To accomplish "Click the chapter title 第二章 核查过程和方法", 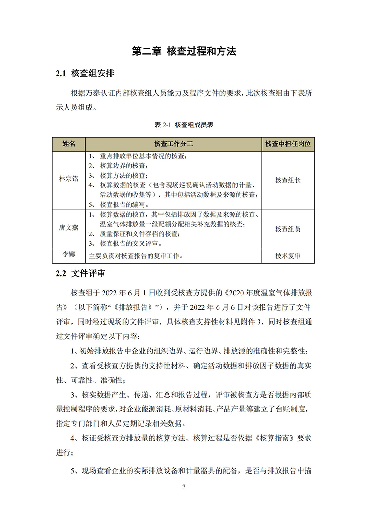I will (184, 51).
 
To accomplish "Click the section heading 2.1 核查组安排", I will (85, 74).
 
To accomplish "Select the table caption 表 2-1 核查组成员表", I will (184, 125).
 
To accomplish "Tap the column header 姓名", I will (69, 144).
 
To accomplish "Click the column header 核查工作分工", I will (173, 144).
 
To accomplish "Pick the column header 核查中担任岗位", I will (288, 144).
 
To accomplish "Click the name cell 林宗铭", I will (69, 180).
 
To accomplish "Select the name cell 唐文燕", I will (69, 229).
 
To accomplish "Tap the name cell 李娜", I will (69, 254).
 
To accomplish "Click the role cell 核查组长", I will (288, 180).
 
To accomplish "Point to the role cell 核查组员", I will (288, 229).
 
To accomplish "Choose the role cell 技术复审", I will (288, 256).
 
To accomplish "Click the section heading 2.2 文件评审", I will (80, 273).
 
